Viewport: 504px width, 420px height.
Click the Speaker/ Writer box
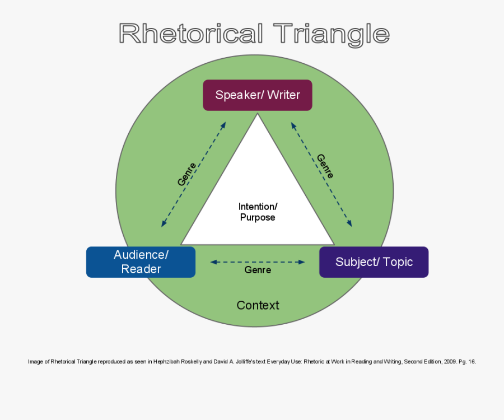click(257, 95)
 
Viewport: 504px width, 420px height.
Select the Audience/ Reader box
click(141, 262)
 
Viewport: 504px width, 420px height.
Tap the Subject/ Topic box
click(374, 262)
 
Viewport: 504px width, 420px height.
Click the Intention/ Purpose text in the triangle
click(258, 212)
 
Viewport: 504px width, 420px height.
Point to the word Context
click(258, 305)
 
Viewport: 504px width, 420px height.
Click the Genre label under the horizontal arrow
click(258, 270)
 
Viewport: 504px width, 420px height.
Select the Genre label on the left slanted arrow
click(187, 174)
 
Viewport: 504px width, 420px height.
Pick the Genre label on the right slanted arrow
click(325, 166)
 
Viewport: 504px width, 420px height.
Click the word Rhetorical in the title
click(190, 34)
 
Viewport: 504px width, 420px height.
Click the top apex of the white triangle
click(258, 115)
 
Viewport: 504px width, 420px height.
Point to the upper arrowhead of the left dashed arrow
click(223, 125)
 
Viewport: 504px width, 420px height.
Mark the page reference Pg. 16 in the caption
click(468, 362)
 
